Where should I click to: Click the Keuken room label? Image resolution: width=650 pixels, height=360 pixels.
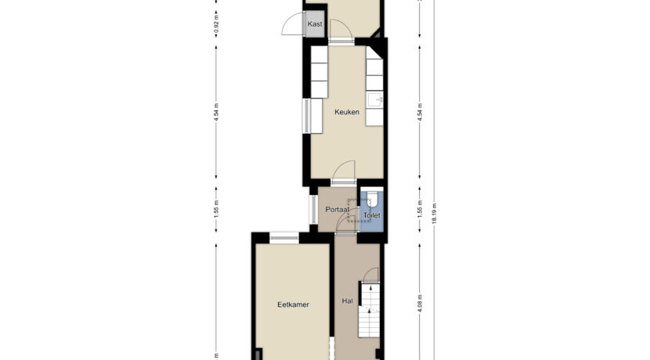[x=347, y=112]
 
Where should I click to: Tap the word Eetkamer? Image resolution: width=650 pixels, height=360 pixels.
[x=293, y=304]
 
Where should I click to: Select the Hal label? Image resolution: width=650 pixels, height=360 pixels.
[x=348, y=301]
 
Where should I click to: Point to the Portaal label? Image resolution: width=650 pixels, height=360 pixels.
[x=337, y=210]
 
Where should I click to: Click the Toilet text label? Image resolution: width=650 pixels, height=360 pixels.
[x=371, y=215]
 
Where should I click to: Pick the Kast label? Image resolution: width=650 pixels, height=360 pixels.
[x=315, y=24]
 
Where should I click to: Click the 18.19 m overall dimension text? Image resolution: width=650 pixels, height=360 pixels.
[x=435, y=214]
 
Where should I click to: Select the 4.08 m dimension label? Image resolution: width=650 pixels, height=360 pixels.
[x=420, y=304]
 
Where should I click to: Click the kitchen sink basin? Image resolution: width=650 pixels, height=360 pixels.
[x=375, y=100]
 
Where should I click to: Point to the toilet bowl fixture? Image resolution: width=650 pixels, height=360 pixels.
[x=372, y=199]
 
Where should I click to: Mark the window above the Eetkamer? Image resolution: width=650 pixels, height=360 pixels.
[x=284, y=238]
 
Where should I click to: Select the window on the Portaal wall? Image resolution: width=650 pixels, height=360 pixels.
[x=313, y=210]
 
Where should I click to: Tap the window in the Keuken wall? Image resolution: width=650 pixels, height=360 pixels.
[x=307, y=116]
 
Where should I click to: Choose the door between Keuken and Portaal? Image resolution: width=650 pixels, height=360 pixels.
[x=344, y=171]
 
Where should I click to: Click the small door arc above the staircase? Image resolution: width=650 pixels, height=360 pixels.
[x=372, y=274]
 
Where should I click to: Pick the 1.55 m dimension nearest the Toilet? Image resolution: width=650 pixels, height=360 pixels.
[x=420, y=208]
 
